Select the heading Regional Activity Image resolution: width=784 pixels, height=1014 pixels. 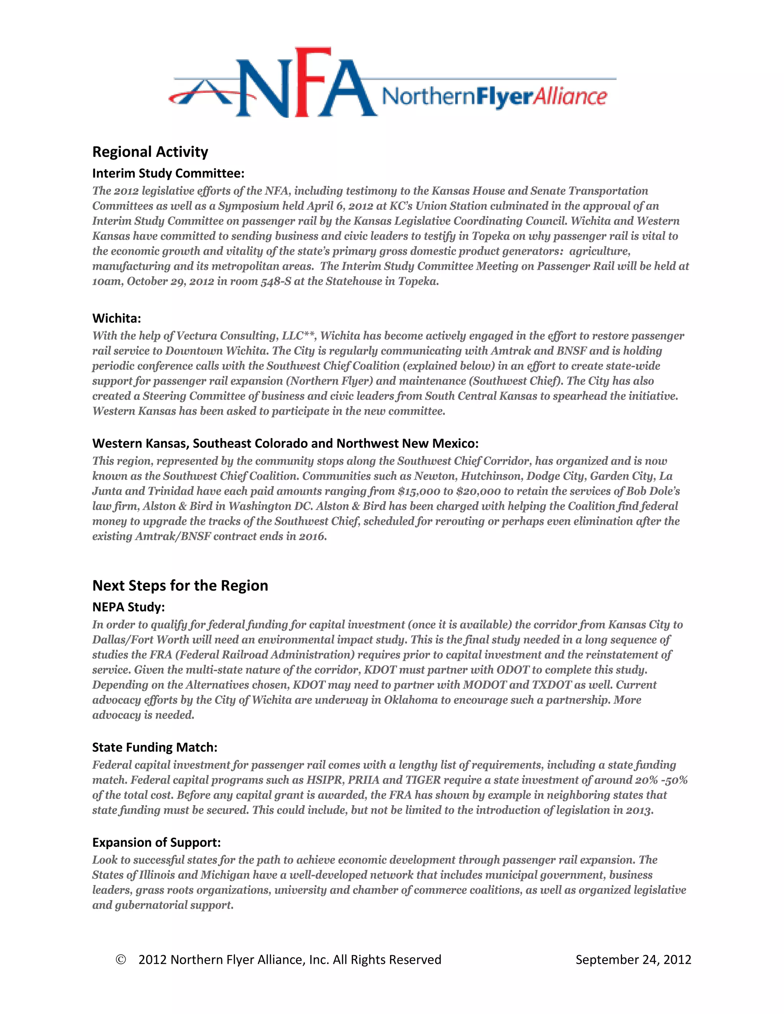coord(150,152)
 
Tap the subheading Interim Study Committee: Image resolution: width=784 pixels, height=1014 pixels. coord(168,173)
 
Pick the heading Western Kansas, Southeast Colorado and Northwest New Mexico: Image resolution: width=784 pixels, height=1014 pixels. coord(285,443)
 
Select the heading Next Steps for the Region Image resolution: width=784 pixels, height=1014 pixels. coord(180,585)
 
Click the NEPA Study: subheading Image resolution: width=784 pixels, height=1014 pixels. coord(129,607)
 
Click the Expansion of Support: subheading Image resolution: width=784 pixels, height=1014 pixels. coord(157,842)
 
